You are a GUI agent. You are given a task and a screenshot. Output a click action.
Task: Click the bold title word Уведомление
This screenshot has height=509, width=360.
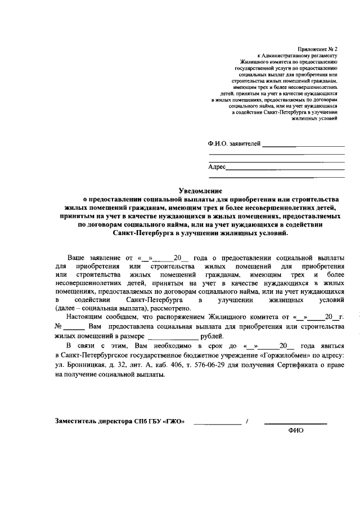pyautogui.click(x=200, y=191)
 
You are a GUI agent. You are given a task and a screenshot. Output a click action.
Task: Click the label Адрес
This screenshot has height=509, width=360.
pyautogui.click(x=217, y=167)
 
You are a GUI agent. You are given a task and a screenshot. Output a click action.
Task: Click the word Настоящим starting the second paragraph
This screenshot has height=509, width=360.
pyautogui.click(x=84, y=317)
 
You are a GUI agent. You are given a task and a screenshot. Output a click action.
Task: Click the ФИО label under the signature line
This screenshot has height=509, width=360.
pyautogui.click(x=295, y=431)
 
